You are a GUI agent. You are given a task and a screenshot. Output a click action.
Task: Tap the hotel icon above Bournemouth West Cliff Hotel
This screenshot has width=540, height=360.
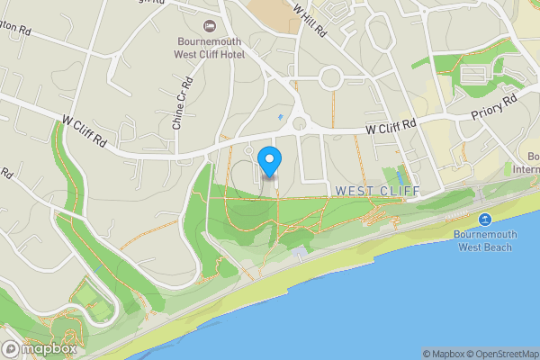coord(211,26)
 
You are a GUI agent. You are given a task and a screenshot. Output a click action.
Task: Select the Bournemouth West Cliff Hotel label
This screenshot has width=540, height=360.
coord(210,48)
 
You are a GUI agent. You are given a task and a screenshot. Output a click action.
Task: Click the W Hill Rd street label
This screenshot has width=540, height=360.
coord(309,19)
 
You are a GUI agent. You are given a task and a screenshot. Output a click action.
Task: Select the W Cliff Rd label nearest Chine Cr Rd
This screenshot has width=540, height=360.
coord(85,130)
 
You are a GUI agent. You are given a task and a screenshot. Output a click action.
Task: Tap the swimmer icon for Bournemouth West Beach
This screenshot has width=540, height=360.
coord(484,220)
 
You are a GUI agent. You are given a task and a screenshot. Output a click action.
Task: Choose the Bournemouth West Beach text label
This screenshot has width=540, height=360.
coord(485,240)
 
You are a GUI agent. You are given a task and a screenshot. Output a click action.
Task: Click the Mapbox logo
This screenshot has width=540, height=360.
coord(39,348)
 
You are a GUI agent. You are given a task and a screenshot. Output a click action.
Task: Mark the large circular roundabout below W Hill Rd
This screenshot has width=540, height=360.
coord(330,77)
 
